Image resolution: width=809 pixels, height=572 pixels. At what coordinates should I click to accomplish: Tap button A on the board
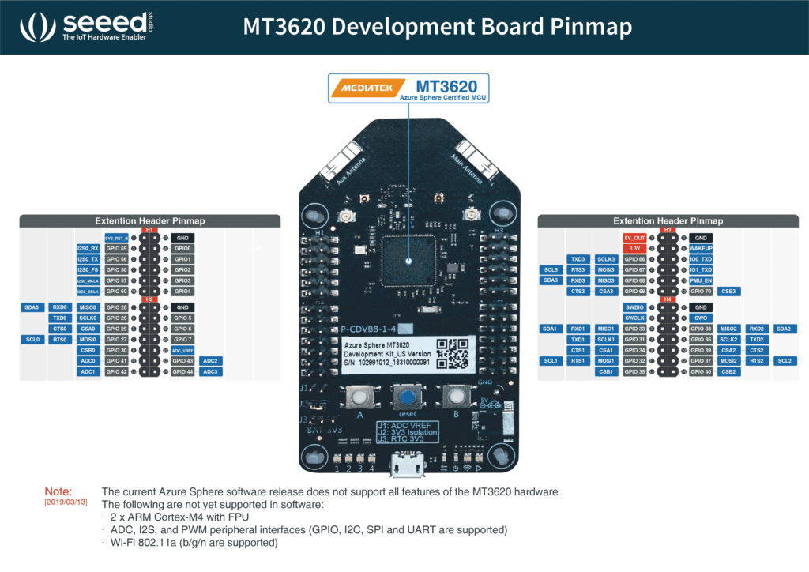[360, 397]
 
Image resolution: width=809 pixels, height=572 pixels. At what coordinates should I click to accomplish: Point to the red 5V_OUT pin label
[634, 238]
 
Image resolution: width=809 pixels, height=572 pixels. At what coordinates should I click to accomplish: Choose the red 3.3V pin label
[634, 248]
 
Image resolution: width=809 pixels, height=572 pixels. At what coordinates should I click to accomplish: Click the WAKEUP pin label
[701, 248]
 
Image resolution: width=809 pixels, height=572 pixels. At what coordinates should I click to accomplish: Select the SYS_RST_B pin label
[116, 238]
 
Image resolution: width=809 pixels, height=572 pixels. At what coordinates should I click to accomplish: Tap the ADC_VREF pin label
[182, 350]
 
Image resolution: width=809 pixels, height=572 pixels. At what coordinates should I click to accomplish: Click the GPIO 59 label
[116, 248]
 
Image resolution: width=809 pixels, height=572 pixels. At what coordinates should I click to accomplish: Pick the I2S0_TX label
[88, 259]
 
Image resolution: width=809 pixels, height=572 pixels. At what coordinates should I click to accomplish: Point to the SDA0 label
[31, 307]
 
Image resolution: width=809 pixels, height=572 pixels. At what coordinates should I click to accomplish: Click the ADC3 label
[211, 371]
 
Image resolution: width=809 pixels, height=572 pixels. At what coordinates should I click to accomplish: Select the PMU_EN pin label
[701, 280]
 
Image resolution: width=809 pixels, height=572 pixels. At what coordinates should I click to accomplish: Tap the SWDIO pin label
[634, 307]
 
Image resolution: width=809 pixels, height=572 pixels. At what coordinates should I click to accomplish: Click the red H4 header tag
[668, 299]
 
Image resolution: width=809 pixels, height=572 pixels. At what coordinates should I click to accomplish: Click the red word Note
[58, 491]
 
